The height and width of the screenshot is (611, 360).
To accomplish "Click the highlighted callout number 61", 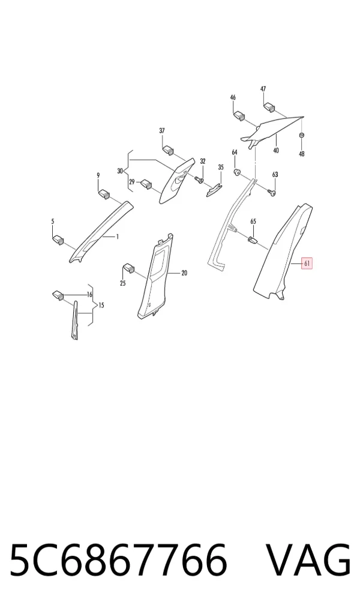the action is click(x=307, y=264).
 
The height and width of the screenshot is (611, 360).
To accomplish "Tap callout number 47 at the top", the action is click(x=263, y=89).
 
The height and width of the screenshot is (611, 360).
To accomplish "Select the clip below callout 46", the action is click(x=238, y=116).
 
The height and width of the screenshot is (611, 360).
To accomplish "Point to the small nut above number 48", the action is click(x=301, y=135).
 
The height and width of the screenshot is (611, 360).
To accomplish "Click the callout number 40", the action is click(x=276, y=151).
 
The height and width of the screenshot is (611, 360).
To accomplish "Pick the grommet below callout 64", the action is click(x=236, y=172).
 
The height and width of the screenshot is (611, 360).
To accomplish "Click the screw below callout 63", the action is click(x=272, y=191).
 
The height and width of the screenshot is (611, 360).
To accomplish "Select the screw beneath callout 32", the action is click(x=199, y=179).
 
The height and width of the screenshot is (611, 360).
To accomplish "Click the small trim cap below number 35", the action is click(x=214, y=190).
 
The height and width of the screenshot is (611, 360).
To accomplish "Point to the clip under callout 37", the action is click(x=168, y=149).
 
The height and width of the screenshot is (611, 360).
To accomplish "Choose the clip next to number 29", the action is click(x=146, y=184).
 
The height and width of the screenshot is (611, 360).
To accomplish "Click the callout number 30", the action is click(x=119, y=170).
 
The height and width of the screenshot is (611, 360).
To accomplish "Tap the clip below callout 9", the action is click(x=103, y=194).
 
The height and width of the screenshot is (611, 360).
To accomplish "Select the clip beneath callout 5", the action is click(x=58, y=239).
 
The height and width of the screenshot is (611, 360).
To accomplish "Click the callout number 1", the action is click(x=117, y=236).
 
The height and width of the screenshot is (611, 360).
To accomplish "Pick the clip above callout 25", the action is click(x=128, y=268).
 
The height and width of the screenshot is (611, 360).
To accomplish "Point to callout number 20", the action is click(x=184, y=273).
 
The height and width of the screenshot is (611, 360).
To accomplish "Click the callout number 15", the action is click(x=101, y=305).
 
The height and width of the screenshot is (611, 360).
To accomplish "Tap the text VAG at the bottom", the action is click(x=308, y=561).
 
